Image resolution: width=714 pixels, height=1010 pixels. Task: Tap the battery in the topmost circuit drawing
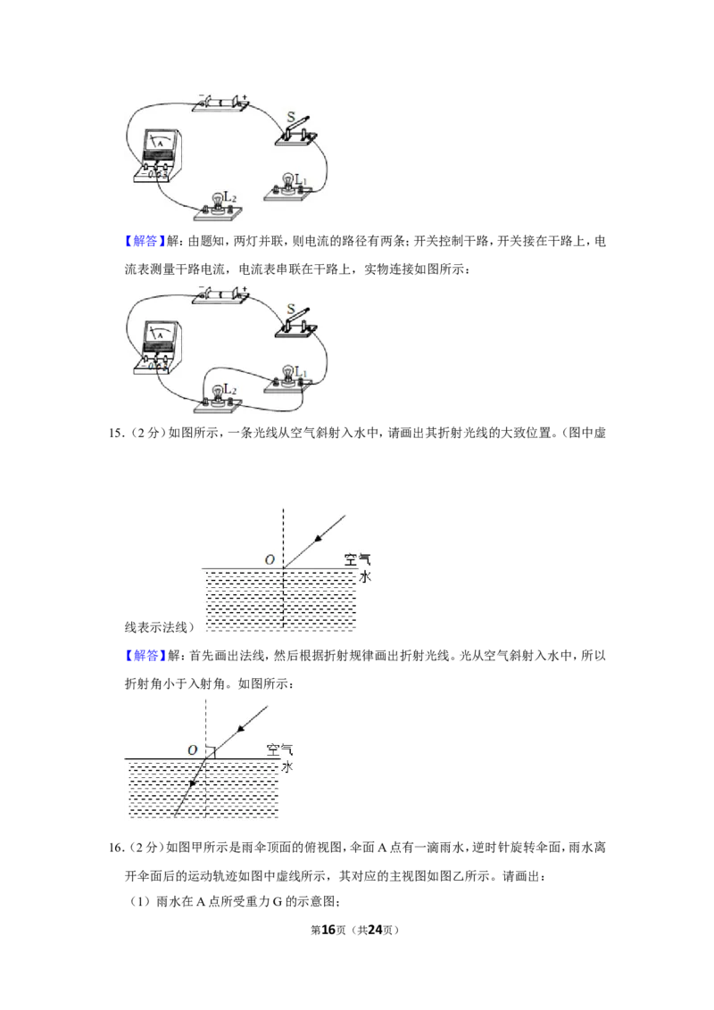click(x=221, y=103)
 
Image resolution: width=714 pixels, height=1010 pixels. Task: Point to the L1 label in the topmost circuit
click(x=301, y=179)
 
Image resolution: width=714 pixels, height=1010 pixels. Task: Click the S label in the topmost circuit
click(x=291, y=117)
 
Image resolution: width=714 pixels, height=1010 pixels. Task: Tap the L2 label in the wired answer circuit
click(x=230, y=390)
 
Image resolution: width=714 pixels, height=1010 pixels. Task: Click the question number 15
click(x=115, y=433)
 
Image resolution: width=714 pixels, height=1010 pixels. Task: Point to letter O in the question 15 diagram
click(x=270, y=559)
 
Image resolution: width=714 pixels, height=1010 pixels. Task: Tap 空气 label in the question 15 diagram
click(x=358, y=559)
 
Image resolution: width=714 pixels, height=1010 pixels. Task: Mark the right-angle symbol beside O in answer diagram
click(x=211, y=752)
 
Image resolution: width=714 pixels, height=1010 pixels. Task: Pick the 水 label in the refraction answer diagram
click(x=287, y=766)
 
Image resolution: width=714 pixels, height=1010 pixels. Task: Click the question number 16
click(x=115, y=848)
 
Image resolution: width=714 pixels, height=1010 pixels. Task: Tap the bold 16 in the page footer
click(x=328, y=930)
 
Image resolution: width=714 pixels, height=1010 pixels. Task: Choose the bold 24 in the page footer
click(x=375, y=930)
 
